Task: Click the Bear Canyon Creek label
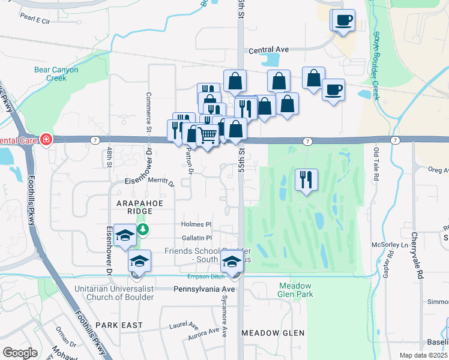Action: (x=56, y=74)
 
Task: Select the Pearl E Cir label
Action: (x=34, y=20)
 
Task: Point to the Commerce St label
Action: (x=147, y=112)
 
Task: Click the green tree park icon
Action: (x=142, y=230)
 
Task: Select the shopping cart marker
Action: (x=208, y=136)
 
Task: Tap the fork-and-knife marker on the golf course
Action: (x=307, y=179)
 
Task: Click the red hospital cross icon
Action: (x=47, y=140)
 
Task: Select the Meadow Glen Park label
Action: (x=295, y=290)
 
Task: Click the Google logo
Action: (x=20, y=353)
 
